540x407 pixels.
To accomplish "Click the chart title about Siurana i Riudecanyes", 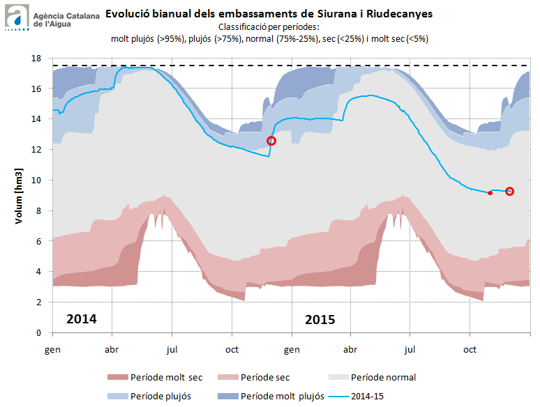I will (x=269, y=13).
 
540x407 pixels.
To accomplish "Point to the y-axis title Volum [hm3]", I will (x=19, y=196).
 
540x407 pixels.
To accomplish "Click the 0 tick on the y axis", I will (x=40, y=332).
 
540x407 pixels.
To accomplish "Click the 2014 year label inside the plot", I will (x=81, y=320).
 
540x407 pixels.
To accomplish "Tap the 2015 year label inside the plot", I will (x=320, y=320).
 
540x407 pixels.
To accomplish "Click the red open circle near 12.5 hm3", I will (x=271, y=141).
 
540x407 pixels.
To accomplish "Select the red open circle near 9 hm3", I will (x=509, y=192).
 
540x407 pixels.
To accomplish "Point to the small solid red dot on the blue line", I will (x=490, y=192).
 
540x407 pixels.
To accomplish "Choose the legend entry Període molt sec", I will (x=155, y=378).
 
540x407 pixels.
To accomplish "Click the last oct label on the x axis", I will (x=470, y=346).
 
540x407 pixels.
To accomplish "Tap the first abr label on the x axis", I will (x=112, y=346).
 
